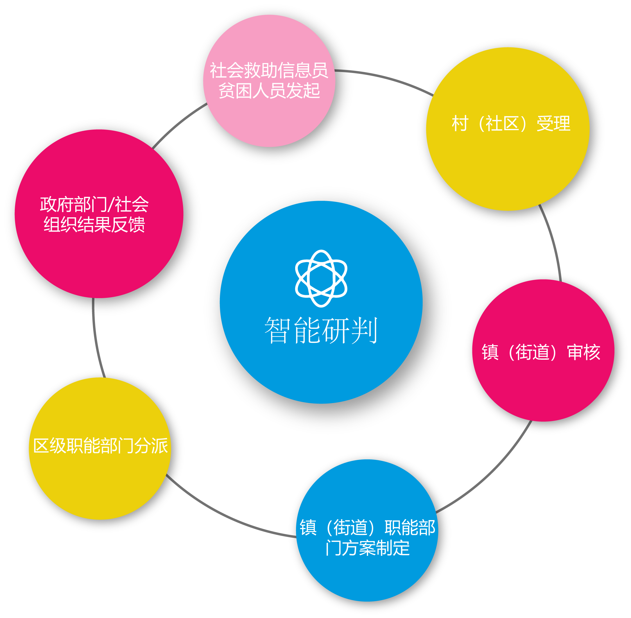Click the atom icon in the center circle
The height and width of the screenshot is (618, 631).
(321, 278)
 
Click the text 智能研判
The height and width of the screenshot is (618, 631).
(321, 330)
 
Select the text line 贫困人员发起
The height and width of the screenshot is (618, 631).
(269, 91)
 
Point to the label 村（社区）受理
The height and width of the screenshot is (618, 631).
(511, 124)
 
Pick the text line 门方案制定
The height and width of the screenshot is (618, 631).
(368, 548)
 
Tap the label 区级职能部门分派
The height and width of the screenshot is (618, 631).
(101, 446)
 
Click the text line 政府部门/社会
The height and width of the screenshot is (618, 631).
(94, 205)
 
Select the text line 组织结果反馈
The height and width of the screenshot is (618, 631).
(94, 225)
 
